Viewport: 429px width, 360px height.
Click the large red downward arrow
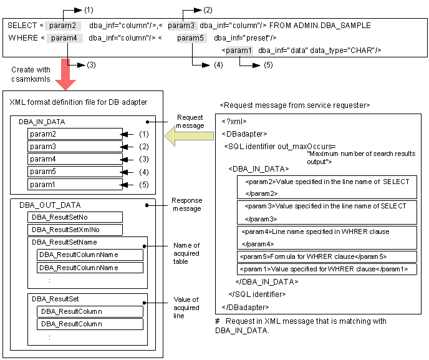point(66,72)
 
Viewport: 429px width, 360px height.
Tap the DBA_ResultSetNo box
point(75,216)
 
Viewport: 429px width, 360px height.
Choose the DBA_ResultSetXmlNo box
point(75,229)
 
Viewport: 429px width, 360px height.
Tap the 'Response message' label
point(186,204)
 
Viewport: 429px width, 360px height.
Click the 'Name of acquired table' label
point(186,253)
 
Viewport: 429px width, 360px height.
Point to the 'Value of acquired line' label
point(186,308)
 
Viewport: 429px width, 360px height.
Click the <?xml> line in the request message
point(237,122)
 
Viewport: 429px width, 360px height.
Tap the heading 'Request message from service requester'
point(295,105)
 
